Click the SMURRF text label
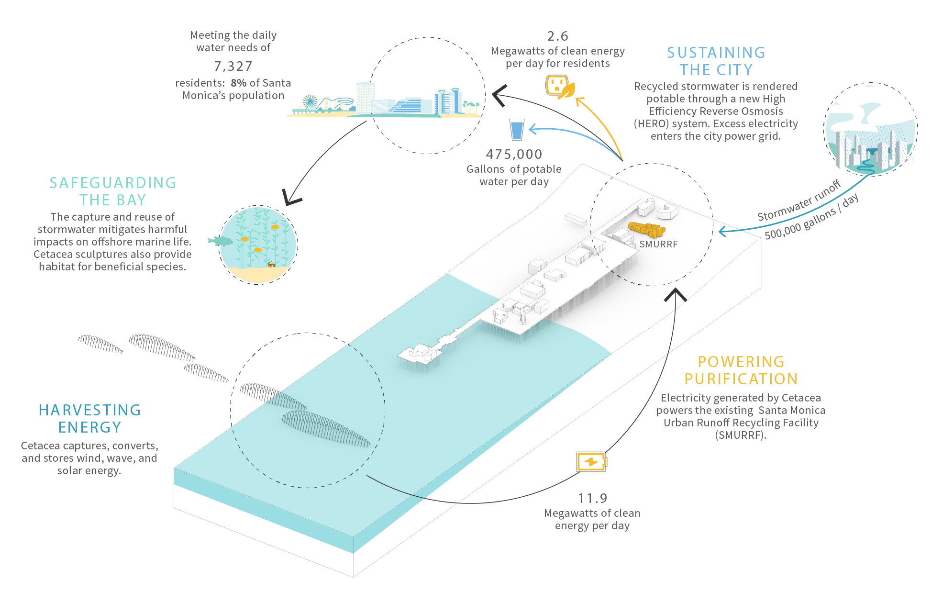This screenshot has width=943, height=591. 658,244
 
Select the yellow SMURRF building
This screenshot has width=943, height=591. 647,228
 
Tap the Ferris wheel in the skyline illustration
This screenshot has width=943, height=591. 311,102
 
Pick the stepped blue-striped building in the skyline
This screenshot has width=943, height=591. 406,105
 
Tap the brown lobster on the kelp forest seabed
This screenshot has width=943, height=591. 271,264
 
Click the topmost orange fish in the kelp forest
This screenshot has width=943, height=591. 275,227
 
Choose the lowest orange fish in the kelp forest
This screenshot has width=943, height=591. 258,250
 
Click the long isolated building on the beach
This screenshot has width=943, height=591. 576,220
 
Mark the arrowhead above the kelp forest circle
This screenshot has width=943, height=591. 287,195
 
